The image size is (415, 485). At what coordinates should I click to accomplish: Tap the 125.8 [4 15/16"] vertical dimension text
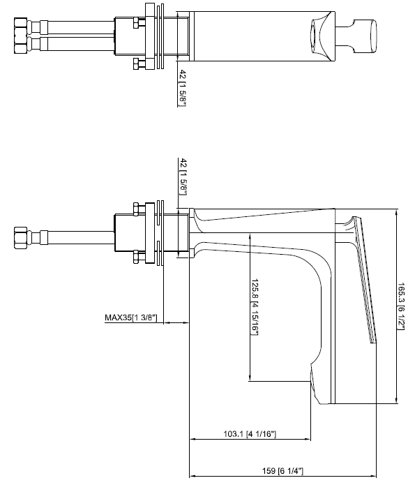click(255, 308)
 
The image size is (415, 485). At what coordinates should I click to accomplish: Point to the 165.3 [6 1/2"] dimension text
click(402, 306)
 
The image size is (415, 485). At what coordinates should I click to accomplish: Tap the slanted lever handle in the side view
click(365, 279)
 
